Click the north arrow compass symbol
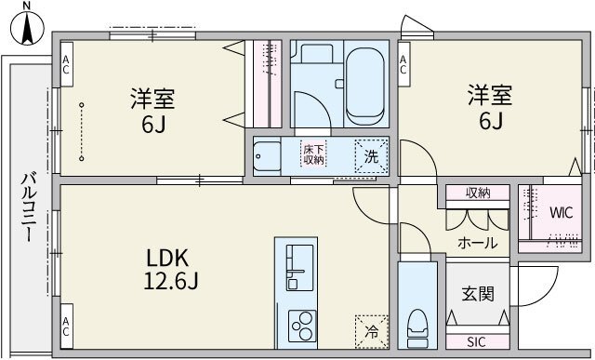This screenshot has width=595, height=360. coord(26,24)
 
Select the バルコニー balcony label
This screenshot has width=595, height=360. coord(28,207)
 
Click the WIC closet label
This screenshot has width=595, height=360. coord(561,212)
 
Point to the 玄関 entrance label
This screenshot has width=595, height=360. coord(478,294)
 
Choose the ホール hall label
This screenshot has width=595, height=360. coord(477,244)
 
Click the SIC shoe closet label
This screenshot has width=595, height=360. coord(477,341)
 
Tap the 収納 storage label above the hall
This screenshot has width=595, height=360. coord(478,193)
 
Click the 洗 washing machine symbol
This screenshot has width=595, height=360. coord(371,156)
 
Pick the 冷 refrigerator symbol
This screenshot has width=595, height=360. coord(371,330)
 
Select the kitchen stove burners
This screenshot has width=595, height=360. coord(303,326)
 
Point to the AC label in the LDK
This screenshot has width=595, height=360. coord(66,327)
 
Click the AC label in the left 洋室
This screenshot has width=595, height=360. coord(66,64)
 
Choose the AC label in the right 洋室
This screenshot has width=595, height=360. coord(404,64)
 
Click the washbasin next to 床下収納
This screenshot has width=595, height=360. coord(269,155)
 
